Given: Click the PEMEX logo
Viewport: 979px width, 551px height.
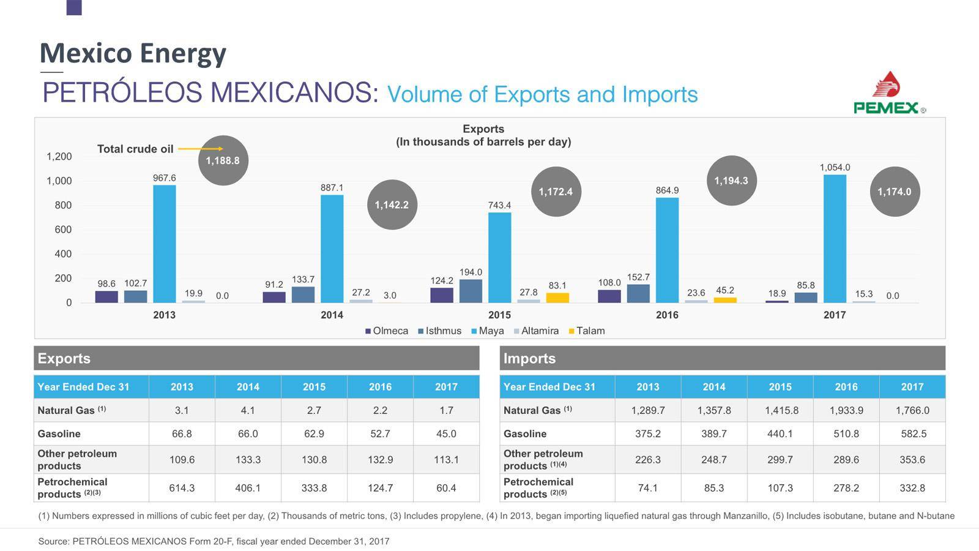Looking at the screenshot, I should click(889, 94).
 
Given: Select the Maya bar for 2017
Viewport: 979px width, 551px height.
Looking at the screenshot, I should click(835, 239).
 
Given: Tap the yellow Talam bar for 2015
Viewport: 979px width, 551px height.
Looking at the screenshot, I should click(557, 298).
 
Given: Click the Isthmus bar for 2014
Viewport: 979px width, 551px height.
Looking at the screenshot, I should click(303, 294).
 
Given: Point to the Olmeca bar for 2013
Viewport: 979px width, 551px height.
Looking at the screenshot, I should click(106, 297).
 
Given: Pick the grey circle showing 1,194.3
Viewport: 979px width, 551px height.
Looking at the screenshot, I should click(731, 181).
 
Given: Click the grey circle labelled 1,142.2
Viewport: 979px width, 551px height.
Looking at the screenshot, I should click(392, 204).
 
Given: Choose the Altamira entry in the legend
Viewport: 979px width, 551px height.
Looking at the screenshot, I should click(536, 331).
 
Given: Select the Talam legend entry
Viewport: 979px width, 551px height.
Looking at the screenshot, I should click(587, 331).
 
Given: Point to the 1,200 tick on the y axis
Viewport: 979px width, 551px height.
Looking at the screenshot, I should click(59, 157).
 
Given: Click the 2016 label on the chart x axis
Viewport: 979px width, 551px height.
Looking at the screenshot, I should click(667, 315).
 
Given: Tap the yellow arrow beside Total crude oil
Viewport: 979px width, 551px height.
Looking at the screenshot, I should click(200, 149).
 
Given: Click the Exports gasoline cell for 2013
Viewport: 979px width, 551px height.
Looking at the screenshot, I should click(182, 433).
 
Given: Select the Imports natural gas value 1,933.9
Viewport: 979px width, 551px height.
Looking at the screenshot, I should click(846, 410).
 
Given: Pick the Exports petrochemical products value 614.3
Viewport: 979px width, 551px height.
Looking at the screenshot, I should click(182, 488).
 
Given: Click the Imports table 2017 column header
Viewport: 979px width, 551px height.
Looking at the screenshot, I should click(912, 387).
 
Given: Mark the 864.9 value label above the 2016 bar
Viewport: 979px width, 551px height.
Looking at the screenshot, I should click(667, 190).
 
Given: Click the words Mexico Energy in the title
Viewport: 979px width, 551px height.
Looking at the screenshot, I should click(133, 53).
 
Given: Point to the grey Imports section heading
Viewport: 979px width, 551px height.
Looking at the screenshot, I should click(722, 358).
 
